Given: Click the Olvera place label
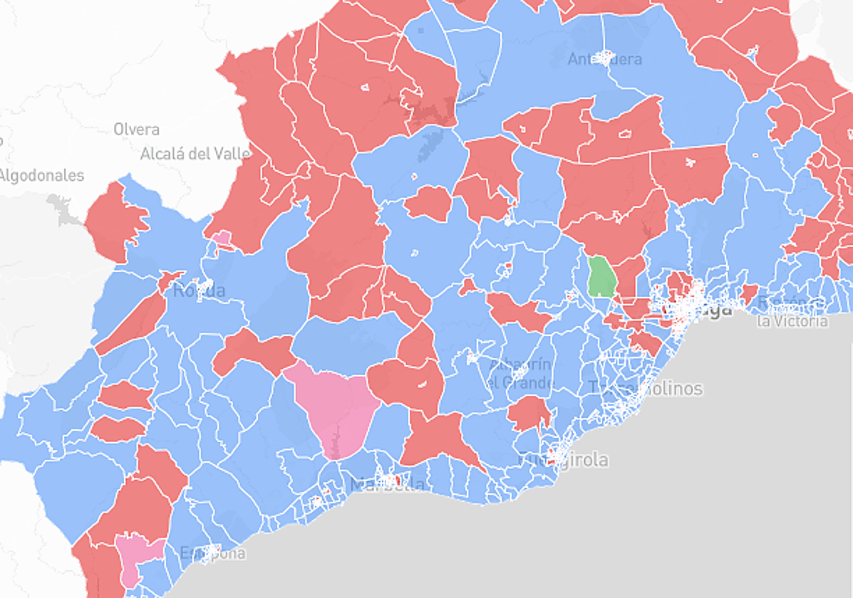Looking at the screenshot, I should click(136, 130).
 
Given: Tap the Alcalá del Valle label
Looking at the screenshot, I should click(195, 153).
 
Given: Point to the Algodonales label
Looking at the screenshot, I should click(41, 175).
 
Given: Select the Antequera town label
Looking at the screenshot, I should click(604, 59).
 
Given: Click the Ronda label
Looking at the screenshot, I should click(199, 290).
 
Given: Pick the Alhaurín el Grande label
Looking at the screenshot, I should click(520, 373).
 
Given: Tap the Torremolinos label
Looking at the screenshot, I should click(645, 388).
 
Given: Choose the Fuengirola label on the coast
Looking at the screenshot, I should click(563, 459).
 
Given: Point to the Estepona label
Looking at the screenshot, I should click(212, 553).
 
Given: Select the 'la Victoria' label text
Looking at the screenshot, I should click(792, 321).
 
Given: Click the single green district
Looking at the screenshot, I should click(602, 276).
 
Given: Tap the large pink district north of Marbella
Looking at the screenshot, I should click(335, 409).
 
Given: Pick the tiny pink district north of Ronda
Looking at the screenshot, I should click(222, 238).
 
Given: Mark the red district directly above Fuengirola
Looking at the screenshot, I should click(529, 413).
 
